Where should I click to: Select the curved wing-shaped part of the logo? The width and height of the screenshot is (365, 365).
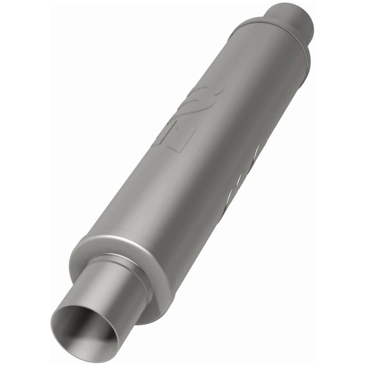(x=201, y=94)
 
